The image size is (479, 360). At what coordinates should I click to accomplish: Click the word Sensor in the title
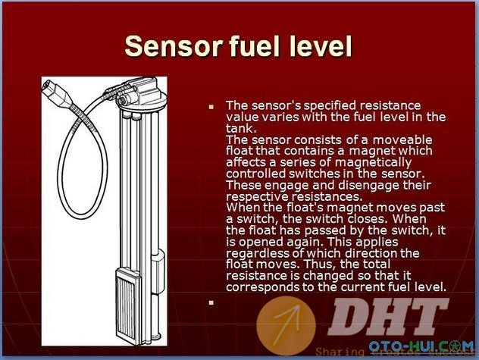point(174,45)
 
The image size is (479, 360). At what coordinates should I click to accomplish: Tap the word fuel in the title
point(254,45)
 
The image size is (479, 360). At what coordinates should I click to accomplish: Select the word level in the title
point(321,45)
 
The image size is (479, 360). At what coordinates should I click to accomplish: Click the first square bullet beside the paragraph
point(211,107)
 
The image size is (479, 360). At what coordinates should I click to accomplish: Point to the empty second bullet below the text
point(211,302)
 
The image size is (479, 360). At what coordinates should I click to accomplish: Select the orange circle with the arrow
point(286,326)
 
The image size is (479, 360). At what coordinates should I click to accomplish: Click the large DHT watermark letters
point(387,318)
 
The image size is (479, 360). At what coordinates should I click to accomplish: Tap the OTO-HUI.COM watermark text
point(421,346)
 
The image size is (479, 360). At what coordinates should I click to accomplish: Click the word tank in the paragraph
point(239,128)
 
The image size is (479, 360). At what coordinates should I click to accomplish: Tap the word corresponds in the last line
point(262,287)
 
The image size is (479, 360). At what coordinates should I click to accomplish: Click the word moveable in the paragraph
point(402,139)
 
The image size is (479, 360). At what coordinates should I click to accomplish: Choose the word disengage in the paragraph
point(368,185)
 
